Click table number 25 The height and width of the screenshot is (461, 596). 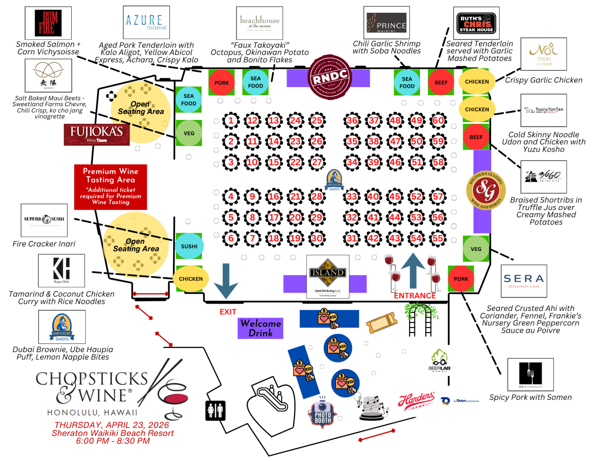pos(317,120)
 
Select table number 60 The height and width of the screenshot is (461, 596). pos(438,120)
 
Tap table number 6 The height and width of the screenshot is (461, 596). pos(231,238)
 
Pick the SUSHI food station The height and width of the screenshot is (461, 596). pos(189,246)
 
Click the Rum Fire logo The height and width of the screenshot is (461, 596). pos(48,23)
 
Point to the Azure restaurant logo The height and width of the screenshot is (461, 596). pos(146,22)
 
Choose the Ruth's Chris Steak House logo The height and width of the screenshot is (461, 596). pos(476,23)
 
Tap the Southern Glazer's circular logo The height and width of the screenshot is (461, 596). pos(486,190)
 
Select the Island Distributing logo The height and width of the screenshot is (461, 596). pos(328,277)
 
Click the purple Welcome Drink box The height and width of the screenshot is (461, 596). pos(260,328)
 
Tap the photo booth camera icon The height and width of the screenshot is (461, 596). pos(323,412)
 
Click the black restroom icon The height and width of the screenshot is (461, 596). pos(215,411)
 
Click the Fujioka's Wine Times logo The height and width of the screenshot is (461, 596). pos(96,134)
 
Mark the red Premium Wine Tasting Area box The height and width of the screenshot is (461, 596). pos(110,187)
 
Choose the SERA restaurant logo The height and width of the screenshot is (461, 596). pos(523,281)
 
